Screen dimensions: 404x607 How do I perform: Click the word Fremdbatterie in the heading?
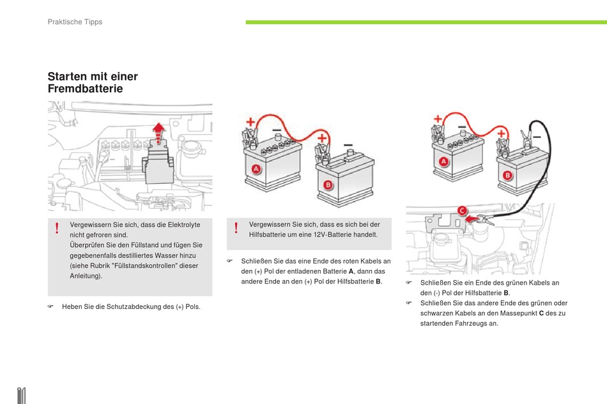pos(85,89)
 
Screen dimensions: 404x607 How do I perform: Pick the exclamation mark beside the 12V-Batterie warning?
pos(236,228)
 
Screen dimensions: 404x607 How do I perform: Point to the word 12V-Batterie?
pos(353,234)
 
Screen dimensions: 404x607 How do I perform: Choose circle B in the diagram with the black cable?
pos(508,174)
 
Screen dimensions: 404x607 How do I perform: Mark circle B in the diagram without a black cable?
pos(328,186)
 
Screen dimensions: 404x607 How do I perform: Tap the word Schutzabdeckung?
pos(132,307)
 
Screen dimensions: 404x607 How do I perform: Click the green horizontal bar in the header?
pos(426,22)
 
